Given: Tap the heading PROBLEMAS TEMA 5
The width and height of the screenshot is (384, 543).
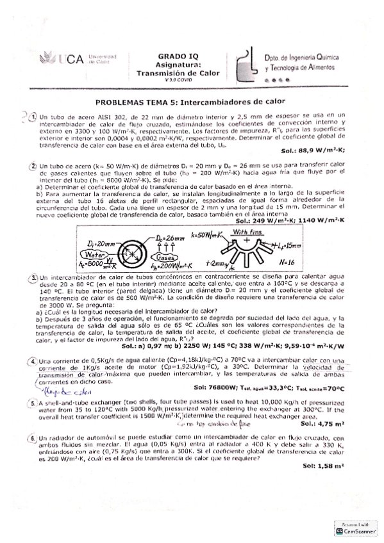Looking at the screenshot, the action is (x=190, y=102).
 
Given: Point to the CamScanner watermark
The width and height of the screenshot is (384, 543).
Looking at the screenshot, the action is (x=356, y=529).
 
